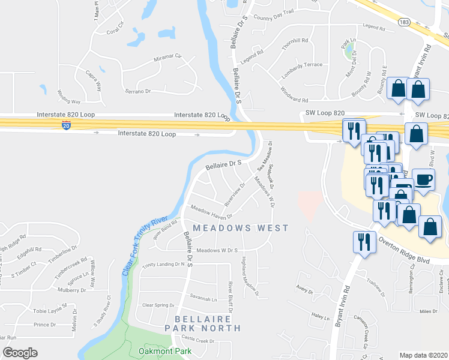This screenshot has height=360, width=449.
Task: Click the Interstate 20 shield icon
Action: point(66,125)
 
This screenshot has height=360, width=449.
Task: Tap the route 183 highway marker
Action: point(403,22)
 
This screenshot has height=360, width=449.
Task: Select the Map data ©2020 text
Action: point(424,355)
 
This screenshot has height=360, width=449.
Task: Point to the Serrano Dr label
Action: point(137,91)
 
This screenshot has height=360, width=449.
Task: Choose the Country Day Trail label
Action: point(273,18)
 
